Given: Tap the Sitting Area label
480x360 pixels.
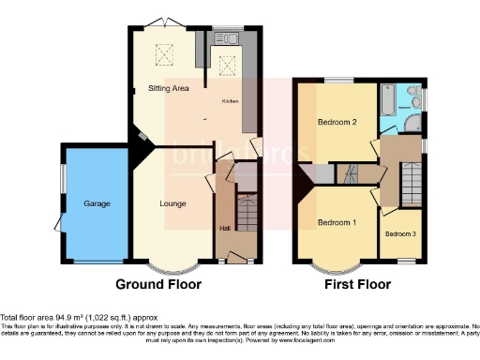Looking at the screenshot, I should (170, 88).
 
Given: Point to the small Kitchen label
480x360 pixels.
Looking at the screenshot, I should (230, 100).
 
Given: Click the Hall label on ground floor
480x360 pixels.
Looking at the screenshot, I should (224, 228).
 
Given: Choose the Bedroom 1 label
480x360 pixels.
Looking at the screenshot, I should (336, 222).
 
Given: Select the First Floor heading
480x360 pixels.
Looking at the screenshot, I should (357, 283).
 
